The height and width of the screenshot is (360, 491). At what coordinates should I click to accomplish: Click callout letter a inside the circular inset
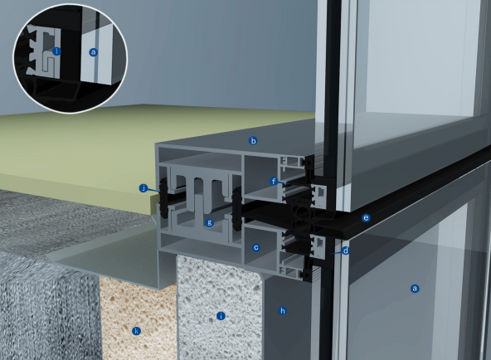pyautogui.click(x=93, y=51)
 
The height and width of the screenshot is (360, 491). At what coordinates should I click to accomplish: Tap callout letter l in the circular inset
pyautogui.click(x=56, y=51)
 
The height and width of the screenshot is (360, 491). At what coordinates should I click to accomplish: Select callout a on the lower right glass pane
pyautogui.click(x=415, y=289)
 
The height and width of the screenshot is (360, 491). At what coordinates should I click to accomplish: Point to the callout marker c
pyautogui.click(x=256, y=247)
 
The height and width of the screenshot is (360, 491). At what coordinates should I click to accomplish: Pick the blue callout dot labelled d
pyautogui.click(x=345, y=250)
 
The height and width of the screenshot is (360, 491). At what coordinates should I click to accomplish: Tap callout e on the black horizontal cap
pyautogui.click(x=366, y=218)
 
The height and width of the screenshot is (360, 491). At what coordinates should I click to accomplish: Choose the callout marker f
pyautogui.click(x=273, y=181)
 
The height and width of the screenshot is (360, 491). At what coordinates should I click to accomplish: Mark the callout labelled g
pyautogui.click(x=210, y=222)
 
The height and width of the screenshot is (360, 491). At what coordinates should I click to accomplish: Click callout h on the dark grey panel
pyautogui.click(x=282, y=311)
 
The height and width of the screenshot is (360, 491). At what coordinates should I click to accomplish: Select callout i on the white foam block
pyautogui.click(x=220, y=315)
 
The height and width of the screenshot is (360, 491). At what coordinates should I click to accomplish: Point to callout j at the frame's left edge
pyautogui.click(x=143, y=188)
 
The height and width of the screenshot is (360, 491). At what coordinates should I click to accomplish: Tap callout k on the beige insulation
pyautogui.click(x=136, y=331)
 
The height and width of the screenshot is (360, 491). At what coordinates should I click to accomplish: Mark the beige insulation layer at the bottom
pyautogui.click(x=133, y=307)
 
